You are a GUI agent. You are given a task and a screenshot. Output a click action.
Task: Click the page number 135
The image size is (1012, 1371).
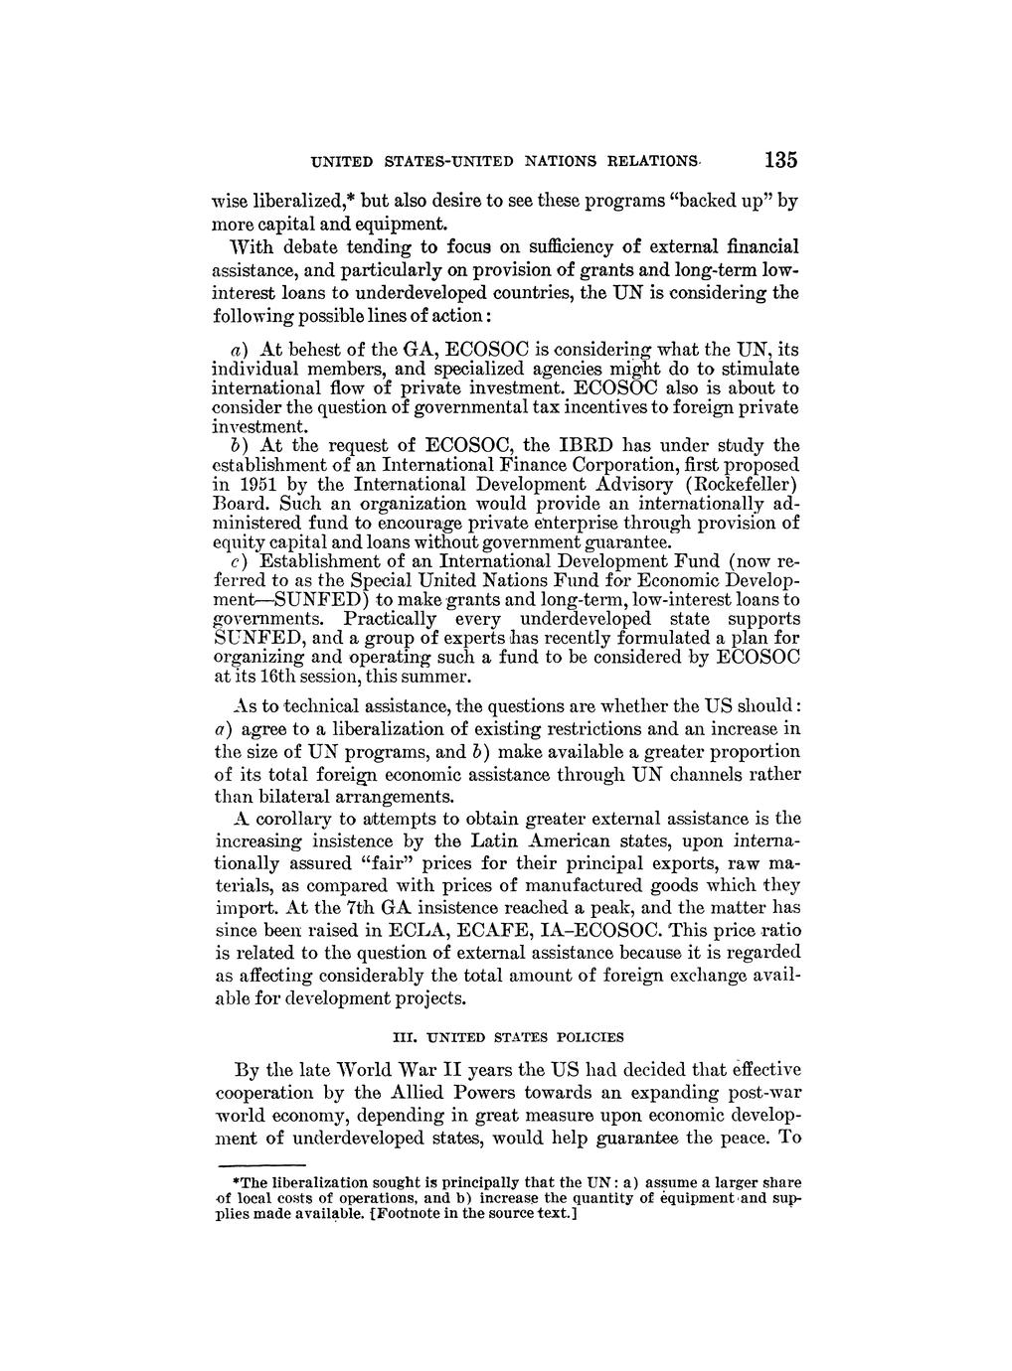(x=782, y=160)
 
